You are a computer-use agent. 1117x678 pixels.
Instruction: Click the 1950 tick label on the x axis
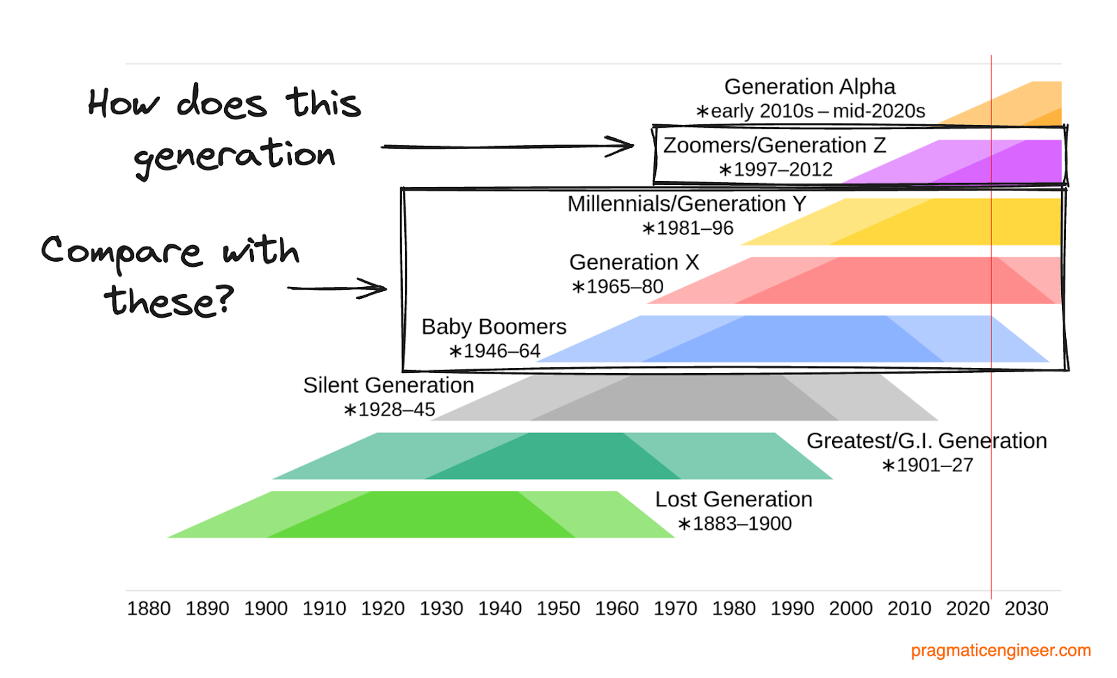click(558, 609)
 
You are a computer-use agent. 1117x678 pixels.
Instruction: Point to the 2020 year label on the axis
click(967, 609)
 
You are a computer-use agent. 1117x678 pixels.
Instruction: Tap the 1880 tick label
click(149, 609)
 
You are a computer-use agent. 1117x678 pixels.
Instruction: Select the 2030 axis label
click(1026, 609)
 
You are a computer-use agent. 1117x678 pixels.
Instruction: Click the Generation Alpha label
click(809, 87)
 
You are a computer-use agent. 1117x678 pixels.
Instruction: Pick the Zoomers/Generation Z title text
click(774, 145)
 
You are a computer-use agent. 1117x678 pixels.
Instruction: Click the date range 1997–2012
click(776, 170)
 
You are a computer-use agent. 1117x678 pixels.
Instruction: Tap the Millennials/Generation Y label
click(686, 204)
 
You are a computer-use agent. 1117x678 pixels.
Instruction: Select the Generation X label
click(633, 263)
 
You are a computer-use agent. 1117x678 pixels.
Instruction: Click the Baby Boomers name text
click(494, 327)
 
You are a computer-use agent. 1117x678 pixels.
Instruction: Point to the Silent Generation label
click(388, 385)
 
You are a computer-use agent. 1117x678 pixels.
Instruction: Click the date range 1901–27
click(927, 465)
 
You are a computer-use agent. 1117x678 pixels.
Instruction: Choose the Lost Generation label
click(733, 500)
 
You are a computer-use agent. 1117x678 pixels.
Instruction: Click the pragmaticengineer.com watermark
click(1000, 651)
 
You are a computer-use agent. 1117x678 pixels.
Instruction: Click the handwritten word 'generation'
click(235, 156)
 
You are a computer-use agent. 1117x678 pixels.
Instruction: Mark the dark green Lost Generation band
click(419, 515)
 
